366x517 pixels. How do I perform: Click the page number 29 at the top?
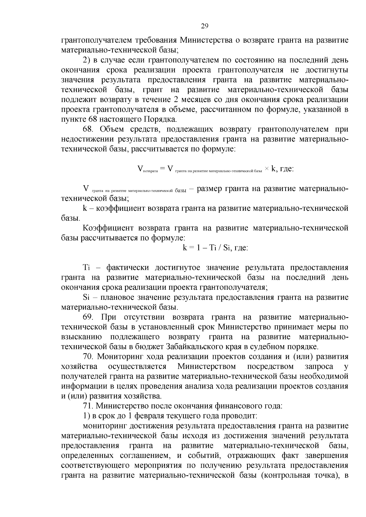204,26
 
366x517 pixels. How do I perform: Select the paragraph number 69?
88,317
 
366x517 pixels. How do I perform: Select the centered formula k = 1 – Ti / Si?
215,248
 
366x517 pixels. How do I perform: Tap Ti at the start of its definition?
86,267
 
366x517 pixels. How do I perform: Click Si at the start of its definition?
86,297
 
